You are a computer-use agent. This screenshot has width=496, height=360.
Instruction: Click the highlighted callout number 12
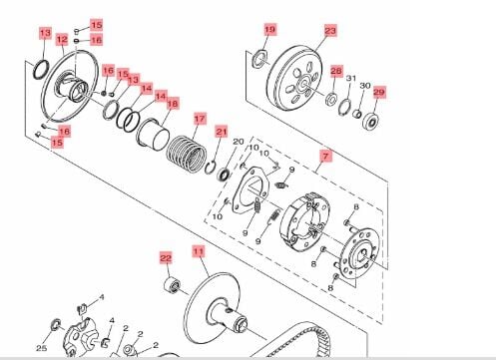click(62, 40)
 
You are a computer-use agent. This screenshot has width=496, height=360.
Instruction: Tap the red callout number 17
click(200, 119)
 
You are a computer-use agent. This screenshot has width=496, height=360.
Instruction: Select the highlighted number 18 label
click(173, 104)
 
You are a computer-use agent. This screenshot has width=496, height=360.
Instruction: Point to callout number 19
click(269, 30)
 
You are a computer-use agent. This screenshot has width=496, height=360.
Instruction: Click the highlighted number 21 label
click(222, 132)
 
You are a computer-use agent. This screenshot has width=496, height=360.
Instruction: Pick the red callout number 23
click(330, 31)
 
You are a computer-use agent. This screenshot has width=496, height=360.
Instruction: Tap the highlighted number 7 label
click(325, 156)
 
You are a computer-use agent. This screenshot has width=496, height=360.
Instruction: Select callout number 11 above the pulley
click(199, 251)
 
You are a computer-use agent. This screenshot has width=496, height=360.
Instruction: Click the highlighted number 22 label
click(166, 257)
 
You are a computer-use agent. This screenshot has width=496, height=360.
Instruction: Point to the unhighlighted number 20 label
click(239, 142)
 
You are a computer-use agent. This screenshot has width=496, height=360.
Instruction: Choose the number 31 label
click(351, 79)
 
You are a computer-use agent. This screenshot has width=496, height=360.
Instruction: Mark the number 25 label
click(41, 348)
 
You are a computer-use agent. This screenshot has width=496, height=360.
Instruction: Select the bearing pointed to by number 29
click(371, 122)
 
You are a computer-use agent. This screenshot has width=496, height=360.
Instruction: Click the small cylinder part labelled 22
click(173, 285)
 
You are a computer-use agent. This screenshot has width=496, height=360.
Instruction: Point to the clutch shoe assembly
click(305, 222)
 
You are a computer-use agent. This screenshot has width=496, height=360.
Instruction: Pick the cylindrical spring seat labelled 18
click(153, 135)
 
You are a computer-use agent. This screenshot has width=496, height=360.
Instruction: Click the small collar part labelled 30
click(357, 114)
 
